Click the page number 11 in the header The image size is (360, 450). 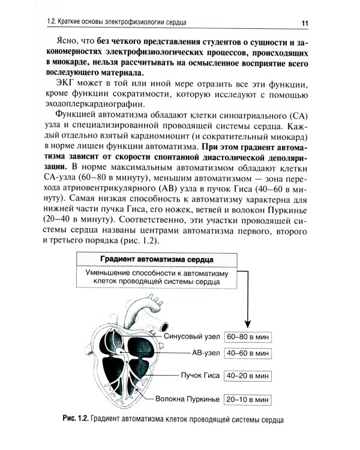point(305,22)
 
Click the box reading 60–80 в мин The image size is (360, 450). point(247,336)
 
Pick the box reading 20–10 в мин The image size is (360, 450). point(247,398)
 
